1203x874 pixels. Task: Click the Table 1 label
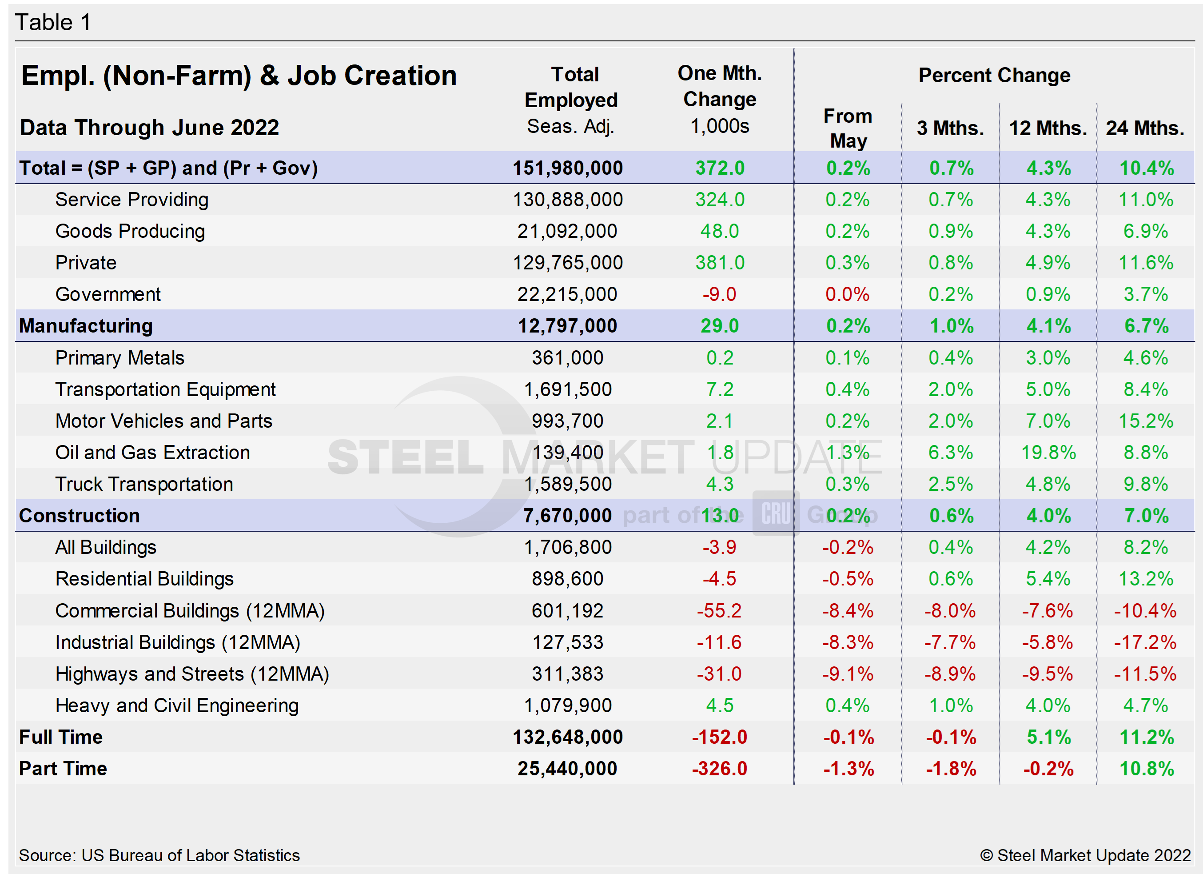click(x=53, y=23)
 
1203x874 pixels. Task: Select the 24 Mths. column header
click(x=1145, y=128)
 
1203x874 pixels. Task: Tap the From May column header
click(x=848, y=128)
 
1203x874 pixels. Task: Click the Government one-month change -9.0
click(x=719, y=294)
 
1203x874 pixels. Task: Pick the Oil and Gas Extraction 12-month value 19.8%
click(x=1048, y=453)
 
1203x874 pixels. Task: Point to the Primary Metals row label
click(x=120, y=358)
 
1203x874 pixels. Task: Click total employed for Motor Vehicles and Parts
click(x=568, y=421)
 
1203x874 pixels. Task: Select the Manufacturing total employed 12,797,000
click(x=568, y=326)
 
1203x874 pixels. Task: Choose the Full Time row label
click(x=61, y=737)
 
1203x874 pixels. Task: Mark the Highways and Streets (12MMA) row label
click(x=192, y=674)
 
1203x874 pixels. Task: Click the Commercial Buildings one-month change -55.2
click(x=719, y=611)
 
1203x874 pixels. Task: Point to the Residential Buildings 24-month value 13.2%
click(x=1146, y=579)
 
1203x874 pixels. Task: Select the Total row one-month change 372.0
click(x=720, y=168)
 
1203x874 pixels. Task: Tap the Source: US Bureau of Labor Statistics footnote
click(x=159, y=855)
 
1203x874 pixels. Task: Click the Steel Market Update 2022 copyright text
click(x=1085, y=855)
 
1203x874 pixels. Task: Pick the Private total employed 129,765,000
click(x=568, y=263)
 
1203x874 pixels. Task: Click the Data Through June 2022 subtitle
click(x=150, y=128)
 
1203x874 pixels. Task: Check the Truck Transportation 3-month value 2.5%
click(x=951, y=485)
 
